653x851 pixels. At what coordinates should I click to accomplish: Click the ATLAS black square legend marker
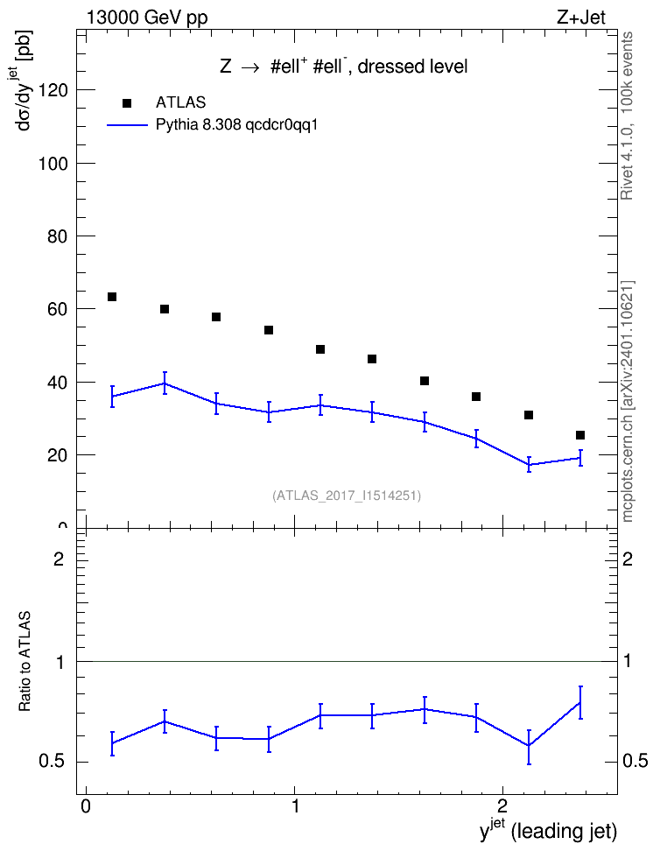coord(127,103)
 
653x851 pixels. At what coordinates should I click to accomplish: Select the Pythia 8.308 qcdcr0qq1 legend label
coord(236,125)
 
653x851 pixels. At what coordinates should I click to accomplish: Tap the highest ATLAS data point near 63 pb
coord(112,297)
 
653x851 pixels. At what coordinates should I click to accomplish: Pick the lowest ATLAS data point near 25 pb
coord(580,435)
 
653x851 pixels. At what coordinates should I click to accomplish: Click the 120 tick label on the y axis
coord(53,90)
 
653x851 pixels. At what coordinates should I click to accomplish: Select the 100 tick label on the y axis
coord(53,164)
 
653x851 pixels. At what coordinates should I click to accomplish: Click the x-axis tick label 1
coord(295,805)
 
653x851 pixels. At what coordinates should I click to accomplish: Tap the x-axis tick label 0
coord(85,805)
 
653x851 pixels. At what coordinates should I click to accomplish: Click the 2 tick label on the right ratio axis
coord(628,559)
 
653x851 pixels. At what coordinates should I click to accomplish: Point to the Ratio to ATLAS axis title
coord(25,662)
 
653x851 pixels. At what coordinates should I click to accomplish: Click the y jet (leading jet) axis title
coord(548,830)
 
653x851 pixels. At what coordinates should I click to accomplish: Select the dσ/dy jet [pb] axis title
coord(24,81)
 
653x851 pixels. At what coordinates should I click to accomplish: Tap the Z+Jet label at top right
coord(581,18)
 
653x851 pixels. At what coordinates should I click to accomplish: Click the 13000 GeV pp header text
coord(146,18)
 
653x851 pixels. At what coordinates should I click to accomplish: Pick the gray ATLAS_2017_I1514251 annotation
coord(347,496)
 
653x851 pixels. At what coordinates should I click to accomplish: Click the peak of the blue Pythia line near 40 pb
coord(165,383)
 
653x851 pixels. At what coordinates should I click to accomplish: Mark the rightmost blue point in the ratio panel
coord(580,702)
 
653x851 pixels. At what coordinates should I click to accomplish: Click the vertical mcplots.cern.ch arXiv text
coord(628,402)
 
